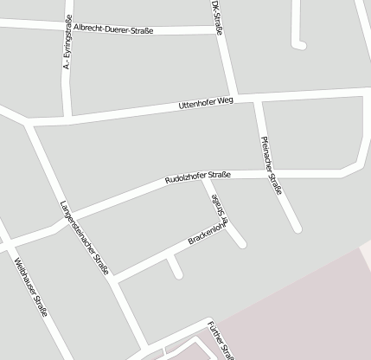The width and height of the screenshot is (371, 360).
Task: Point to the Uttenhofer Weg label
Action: pos(206,103)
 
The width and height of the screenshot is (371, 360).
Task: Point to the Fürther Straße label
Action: pos(221,338)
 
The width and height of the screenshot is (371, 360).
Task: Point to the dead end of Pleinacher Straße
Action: pos(297,228)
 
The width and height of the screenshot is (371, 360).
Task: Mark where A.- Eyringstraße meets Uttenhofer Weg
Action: pos(67,114)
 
